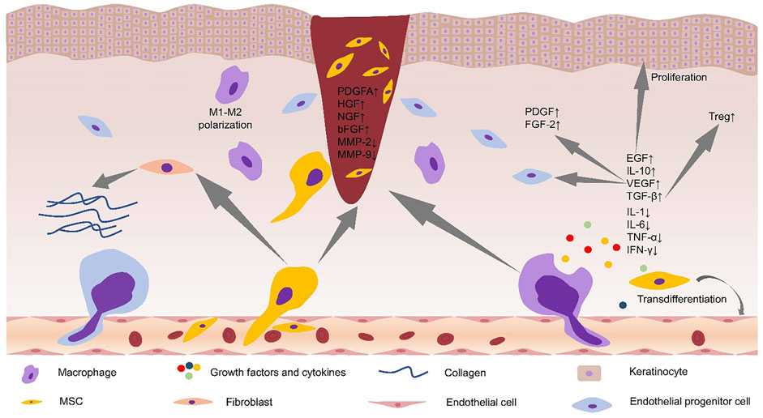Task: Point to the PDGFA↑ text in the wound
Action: pos(362,92)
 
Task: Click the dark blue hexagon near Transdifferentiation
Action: pos(623,305)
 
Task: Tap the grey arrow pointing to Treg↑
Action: pos(690,149)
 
